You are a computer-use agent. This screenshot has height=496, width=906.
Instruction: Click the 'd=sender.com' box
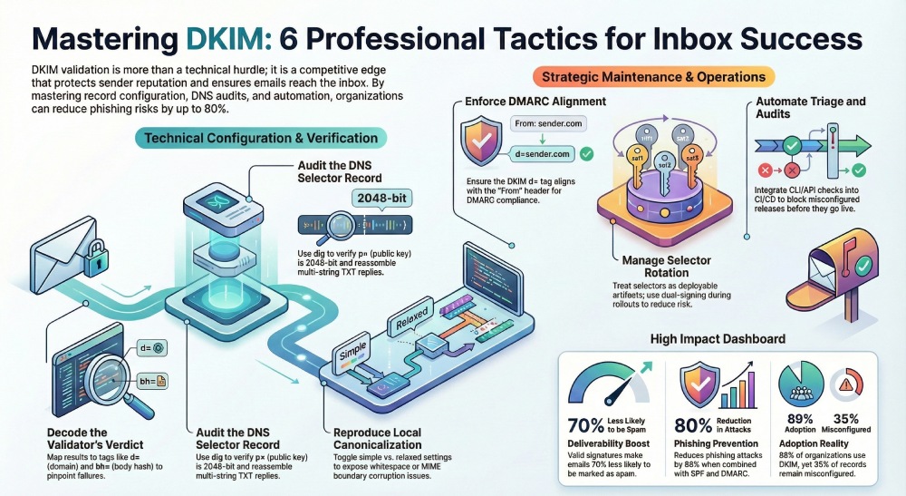540,155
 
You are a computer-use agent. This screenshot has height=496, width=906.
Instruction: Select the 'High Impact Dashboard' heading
718,339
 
